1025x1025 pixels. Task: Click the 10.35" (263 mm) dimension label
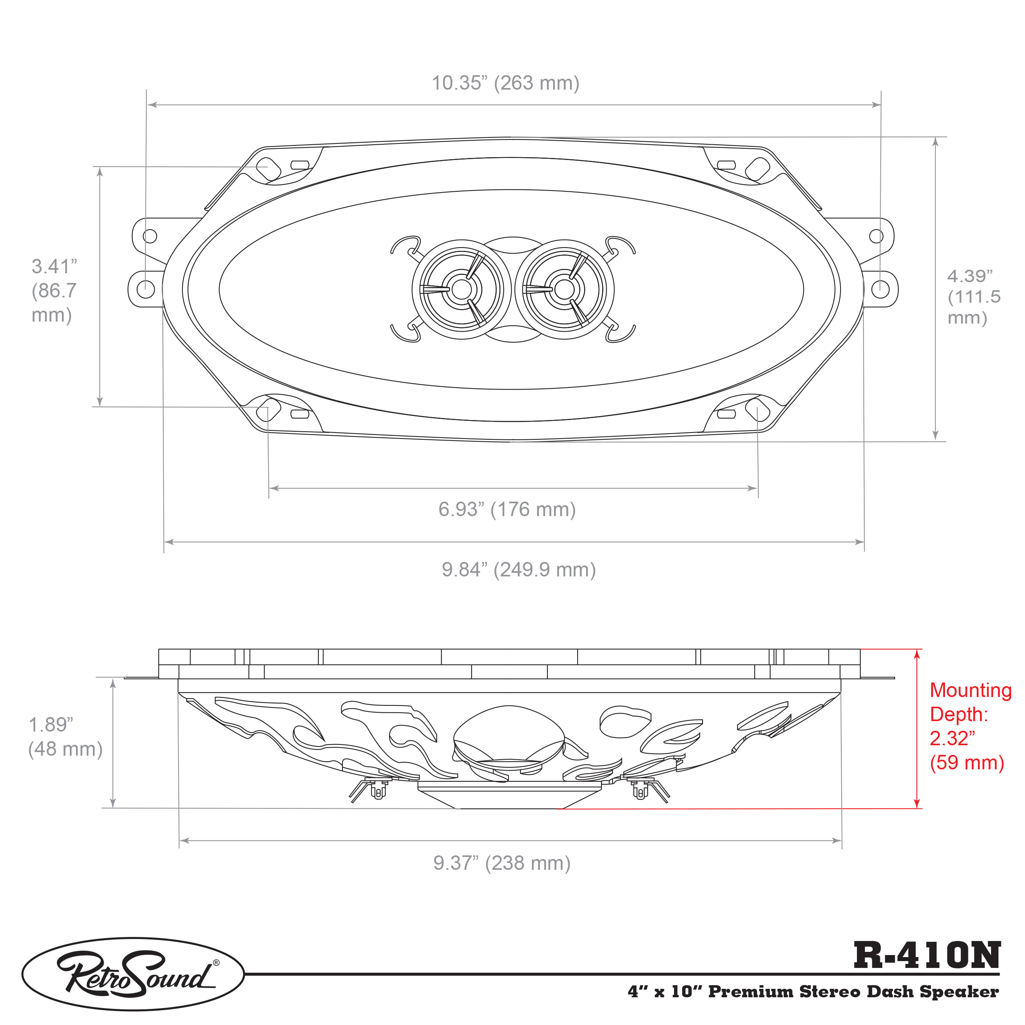tap(505, 83)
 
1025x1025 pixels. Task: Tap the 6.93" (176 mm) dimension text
tap(506, 509)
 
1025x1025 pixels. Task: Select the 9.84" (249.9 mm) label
tap(519, 570)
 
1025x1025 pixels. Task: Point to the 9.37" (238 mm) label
tap(501, 863)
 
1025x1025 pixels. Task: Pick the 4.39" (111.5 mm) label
tap(973, 297)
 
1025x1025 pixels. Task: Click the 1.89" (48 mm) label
tap(65, 737)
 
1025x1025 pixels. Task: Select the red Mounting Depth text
tap(970, 726)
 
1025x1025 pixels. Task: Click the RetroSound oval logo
tap(133, 974)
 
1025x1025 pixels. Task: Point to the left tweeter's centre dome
tap(461, 289)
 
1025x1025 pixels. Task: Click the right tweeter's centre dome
tap(564, 289)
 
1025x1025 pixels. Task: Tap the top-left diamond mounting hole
tap(269, 168)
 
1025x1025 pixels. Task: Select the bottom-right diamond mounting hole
tap(758, 410)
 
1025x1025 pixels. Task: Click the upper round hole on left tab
tap(150, 236)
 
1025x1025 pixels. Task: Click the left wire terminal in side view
tap(377, 791)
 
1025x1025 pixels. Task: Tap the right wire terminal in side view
tap(640, 791)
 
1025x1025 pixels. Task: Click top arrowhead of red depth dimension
tap(917, 654)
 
